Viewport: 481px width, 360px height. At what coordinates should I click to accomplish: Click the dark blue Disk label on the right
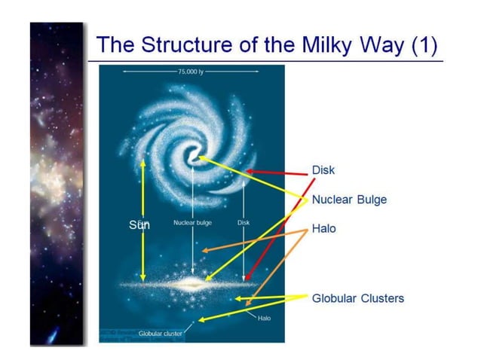[323, 170]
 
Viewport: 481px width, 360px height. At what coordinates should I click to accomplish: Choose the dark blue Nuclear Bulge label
[349, 200]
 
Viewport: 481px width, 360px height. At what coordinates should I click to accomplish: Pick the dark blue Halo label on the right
[324, 229]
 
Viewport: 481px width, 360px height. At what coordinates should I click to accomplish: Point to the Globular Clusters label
[358, 298]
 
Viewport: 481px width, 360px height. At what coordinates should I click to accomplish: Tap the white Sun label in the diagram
[139, 224]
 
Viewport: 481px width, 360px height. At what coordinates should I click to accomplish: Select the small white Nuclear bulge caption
[192, 223]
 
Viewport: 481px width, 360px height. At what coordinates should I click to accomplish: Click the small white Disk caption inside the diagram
[244, 223]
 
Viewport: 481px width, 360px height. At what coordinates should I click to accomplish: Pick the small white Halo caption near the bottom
[264, 319]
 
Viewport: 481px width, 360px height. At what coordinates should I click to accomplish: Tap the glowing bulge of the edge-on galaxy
[193, 284]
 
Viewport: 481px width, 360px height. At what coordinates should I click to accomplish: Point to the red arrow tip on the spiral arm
[247, 172]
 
